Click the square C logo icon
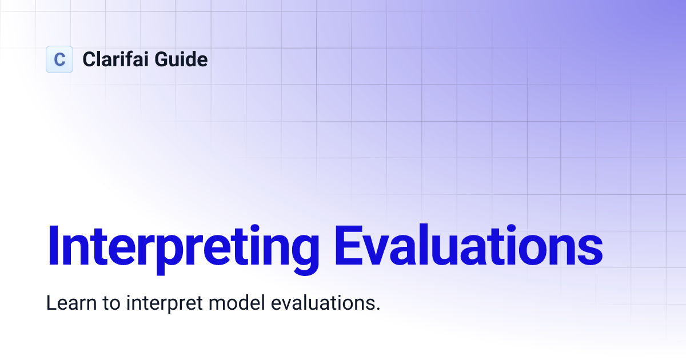pyautogui.click(x=59, y=59)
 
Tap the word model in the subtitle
pyautogui.click(x=231, y=303)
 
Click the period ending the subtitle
pyautogui.click(x=378, y=309)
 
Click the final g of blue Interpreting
pyautogui.click(x=304, y=251)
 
